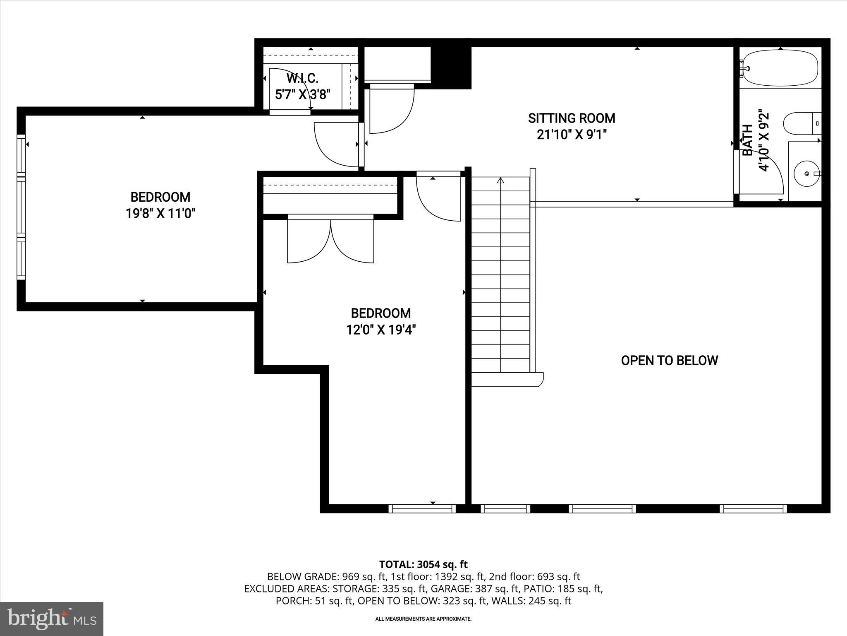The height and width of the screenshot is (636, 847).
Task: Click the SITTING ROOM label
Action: click(x=572, y=118)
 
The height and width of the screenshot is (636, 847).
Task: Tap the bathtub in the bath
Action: click(x=780, y=68)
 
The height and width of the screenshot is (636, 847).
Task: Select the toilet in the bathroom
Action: click(x=798, y=123)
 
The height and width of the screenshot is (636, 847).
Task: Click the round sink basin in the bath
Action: click(x=806, y=174)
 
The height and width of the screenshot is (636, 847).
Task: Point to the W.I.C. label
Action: click(x=302, y=78)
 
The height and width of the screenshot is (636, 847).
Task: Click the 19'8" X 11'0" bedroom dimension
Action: click(x=160, y=214)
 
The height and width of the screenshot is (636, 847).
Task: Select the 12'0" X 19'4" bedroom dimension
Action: click(x=381, y=330)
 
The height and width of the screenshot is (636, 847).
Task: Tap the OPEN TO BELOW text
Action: click(x=669, y=360)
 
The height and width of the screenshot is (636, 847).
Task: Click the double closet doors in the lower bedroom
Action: click(x=331, y=240)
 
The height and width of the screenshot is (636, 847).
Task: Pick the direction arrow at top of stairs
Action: click(x=501, y=181)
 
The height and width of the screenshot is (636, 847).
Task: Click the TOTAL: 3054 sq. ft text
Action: click(x=423, y=564)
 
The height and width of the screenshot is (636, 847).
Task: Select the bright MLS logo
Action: click(x=51, y=619)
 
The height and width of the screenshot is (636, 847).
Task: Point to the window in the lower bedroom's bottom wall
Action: click(x=422, y=508)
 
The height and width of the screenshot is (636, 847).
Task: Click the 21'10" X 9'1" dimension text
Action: click(x=572, y=135)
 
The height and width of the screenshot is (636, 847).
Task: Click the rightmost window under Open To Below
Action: click(x=753, y=508)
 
